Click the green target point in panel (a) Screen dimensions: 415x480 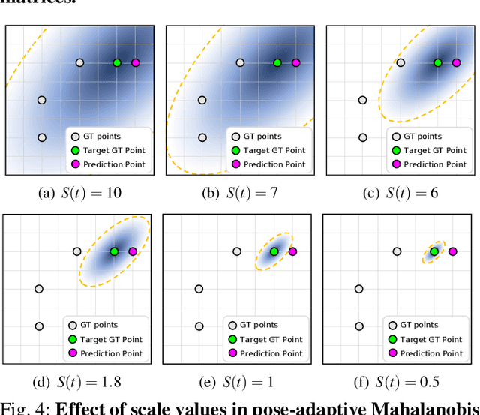click(117, 63)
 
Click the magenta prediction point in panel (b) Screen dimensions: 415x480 click(295, 63)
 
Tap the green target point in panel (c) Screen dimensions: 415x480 click(438, 63)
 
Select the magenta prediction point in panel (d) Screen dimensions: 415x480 click(133, 251)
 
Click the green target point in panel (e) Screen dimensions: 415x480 click(274, 251)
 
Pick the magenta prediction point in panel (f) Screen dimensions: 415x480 click(453, 251)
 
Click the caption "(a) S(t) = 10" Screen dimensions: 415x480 click(79, 193)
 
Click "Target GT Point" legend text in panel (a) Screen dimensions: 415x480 click(114, 150)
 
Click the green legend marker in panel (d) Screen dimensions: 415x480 click(72, 339)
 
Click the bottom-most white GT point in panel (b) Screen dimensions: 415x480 click(202, 137)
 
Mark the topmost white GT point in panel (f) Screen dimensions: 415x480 click(397, 251)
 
